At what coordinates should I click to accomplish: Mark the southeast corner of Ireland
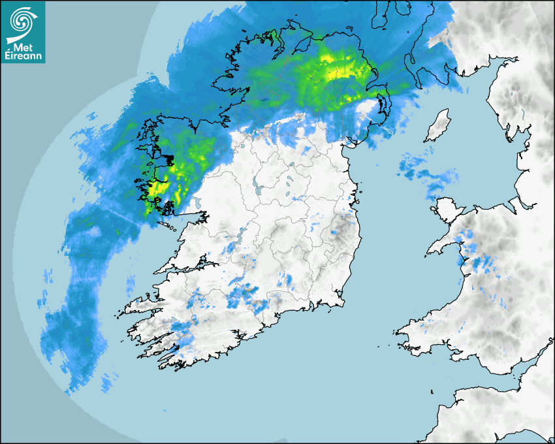pos(340,300)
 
